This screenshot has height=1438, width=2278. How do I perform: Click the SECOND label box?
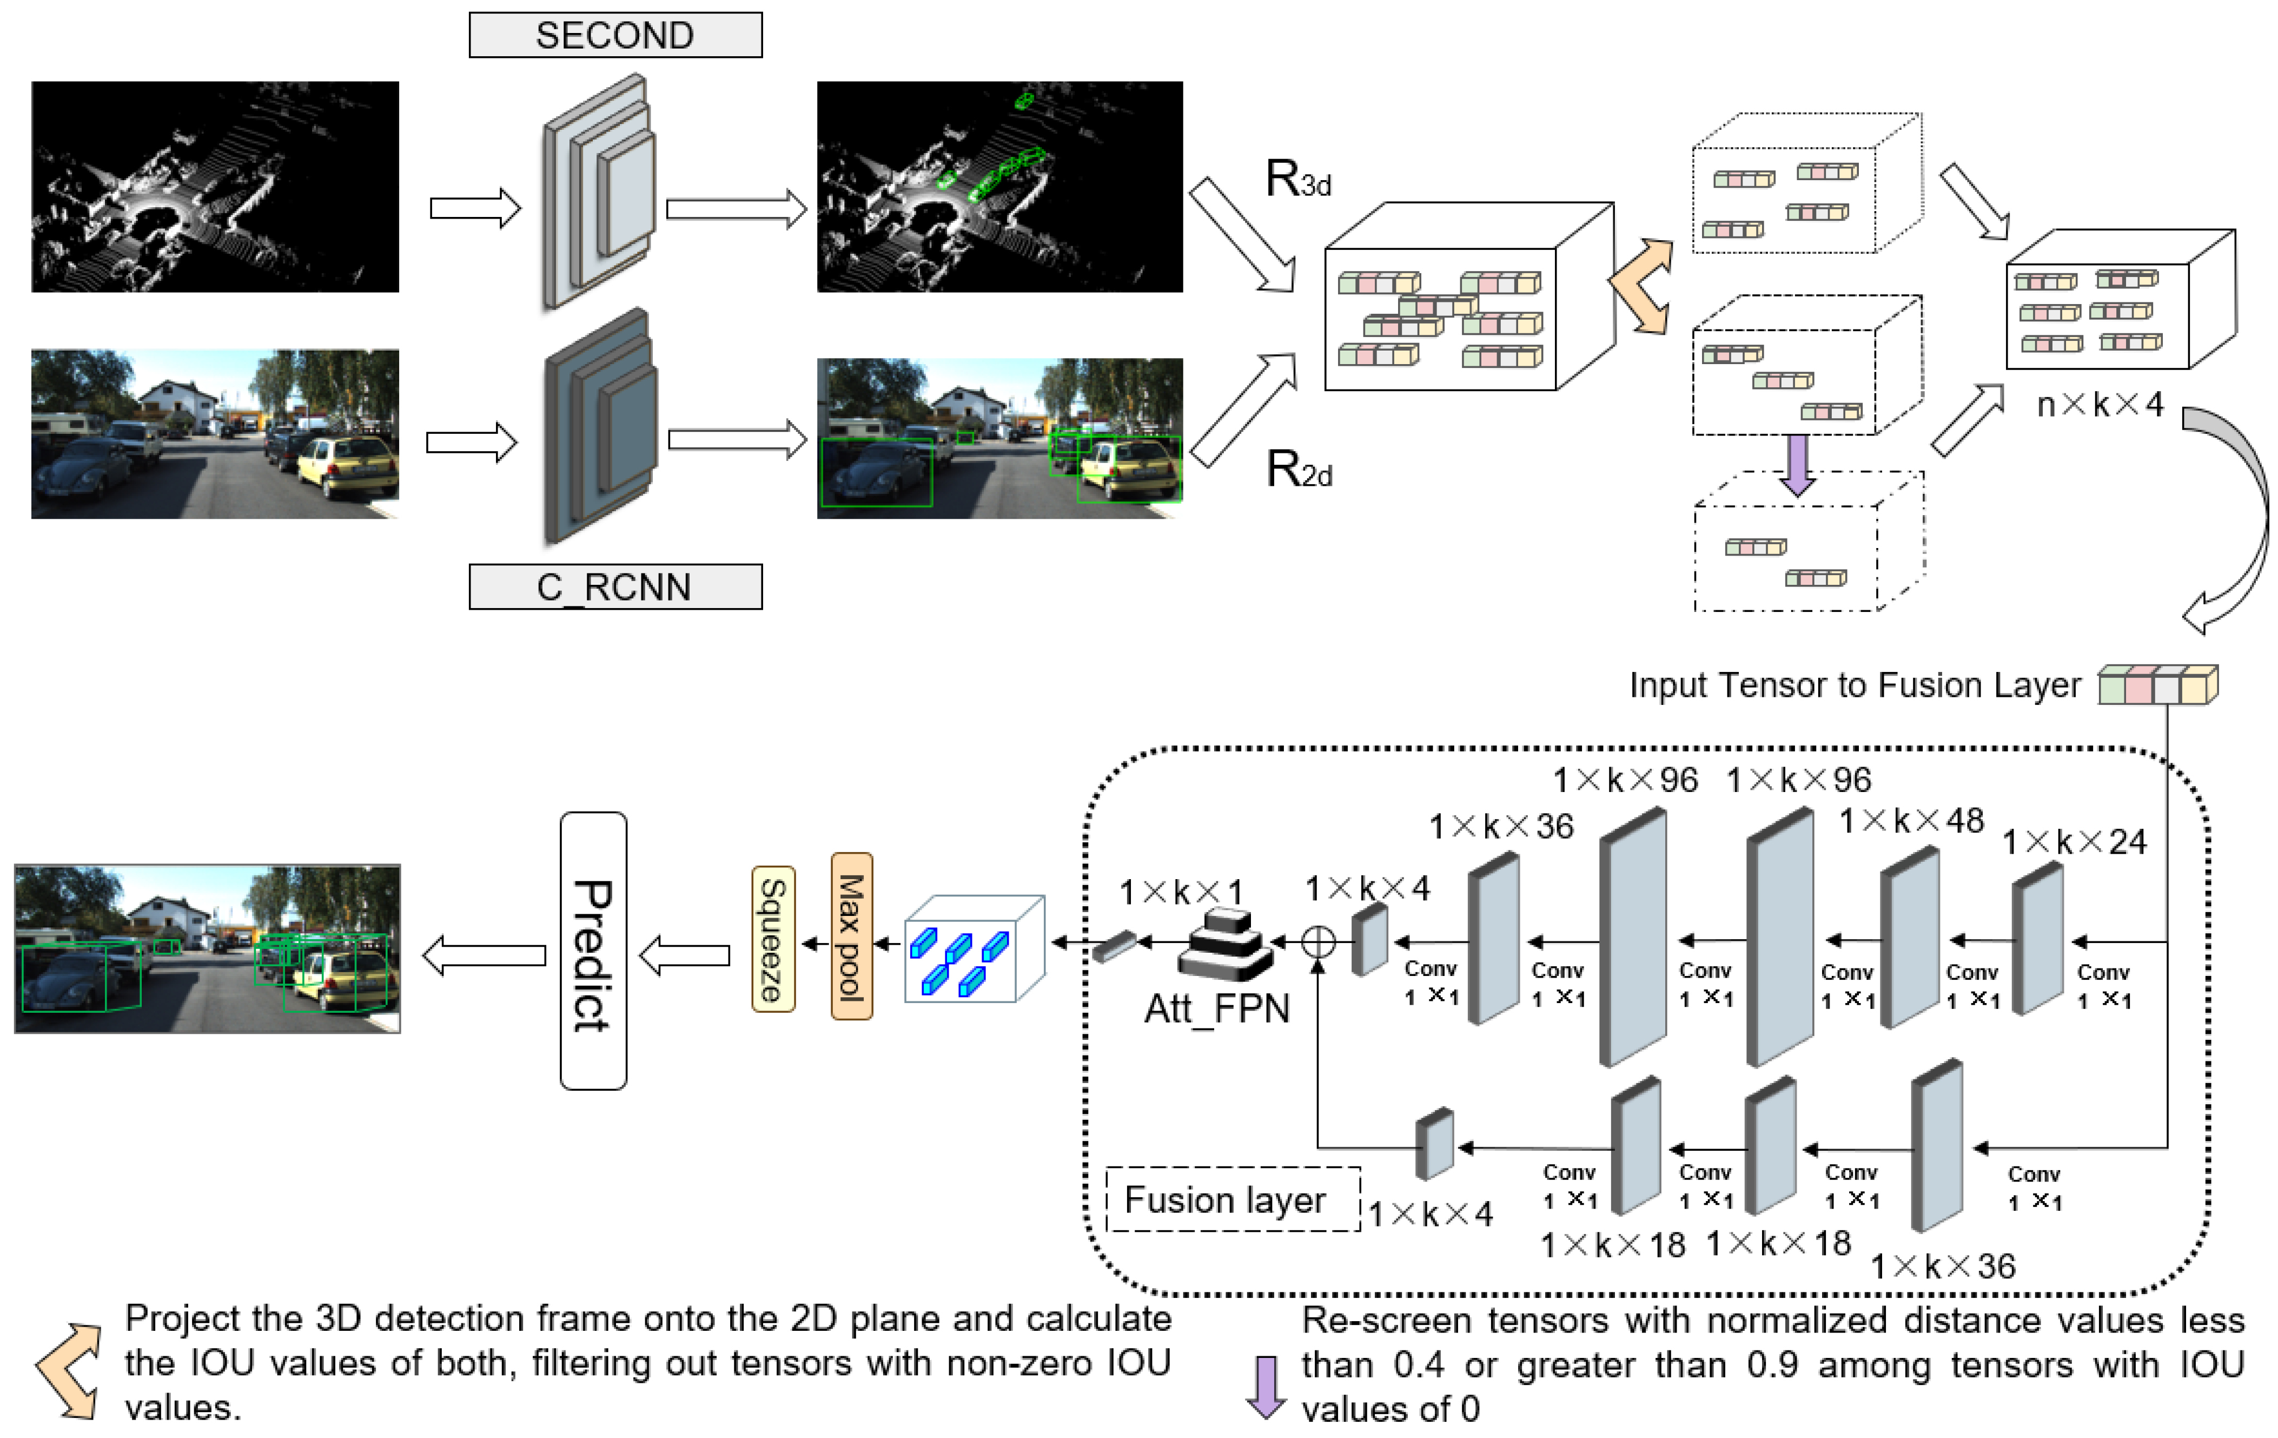(x=615, y=35)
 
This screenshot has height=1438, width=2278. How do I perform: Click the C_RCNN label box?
(x=615, y=586)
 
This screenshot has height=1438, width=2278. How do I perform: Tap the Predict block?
(x=593, y=951)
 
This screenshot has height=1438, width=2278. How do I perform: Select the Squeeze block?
(x=773, y=939)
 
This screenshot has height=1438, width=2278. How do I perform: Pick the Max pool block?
(x=851, y=936)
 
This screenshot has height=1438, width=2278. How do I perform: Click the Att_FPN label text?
(x=1216, y=1008)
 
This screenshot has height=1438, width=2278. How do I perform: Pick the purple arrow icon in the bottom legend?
(x=1265, y=1386)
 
